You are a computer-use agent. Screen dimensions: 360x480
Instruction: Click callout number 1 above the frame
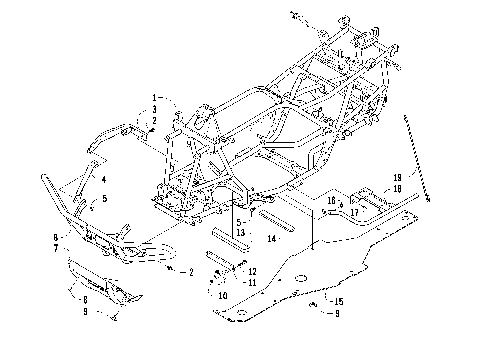pyautogui.click(x=155, y=97)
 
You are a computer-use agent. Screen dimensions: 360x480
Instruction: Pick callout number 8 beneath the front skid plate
pyautogui.click(x=85, y=299)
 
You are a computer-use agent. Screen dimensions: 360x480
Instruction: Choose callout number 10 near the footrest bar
pyautogui.click(x=222, y=295)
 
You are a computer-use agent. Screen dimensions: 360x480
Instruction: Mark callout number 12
pyautogui.click(x=252, y=271)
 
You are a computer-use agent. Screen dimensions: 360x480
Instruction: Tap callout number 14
pyautogui.click(x=271, y=239)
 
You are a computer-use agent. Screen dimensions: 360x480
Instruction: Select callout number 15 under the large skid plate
pyautogui.click(x=339, y=301)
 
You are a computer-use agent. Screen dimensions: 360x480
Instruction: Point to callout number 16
pyautogui.click(x=331, y=201)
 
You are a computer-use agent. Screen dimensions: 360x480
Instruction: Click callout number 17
pyautogui.click(x=354, y=212)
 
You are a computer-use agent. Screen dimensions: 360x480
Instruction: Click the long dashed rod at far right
pyautogui.click(x=420, y=155)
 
